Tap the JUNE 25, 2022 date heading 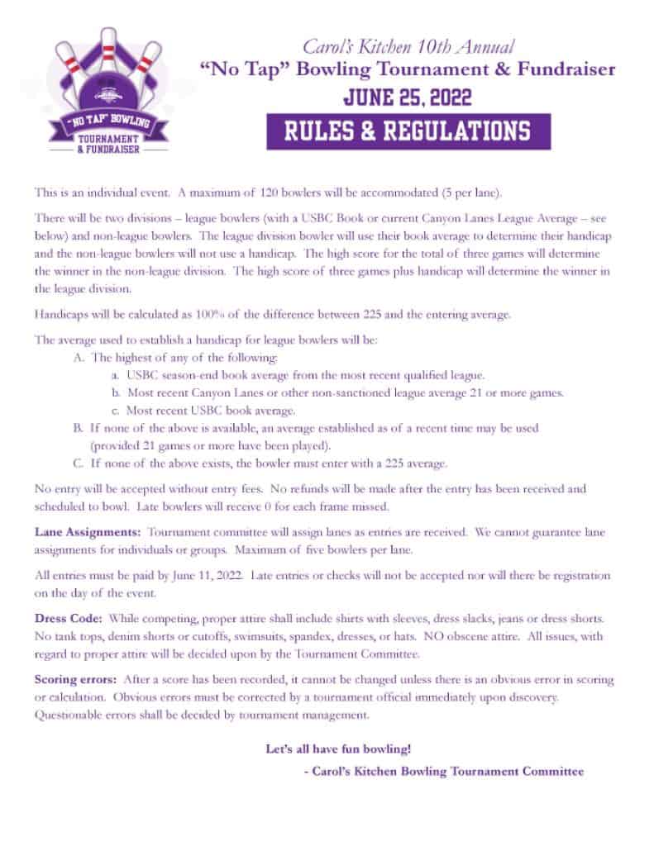(x=408, y=98)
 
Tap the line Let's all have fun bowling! (x=338, y=749)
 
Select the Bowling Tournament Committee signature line (x=444, y=771)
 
